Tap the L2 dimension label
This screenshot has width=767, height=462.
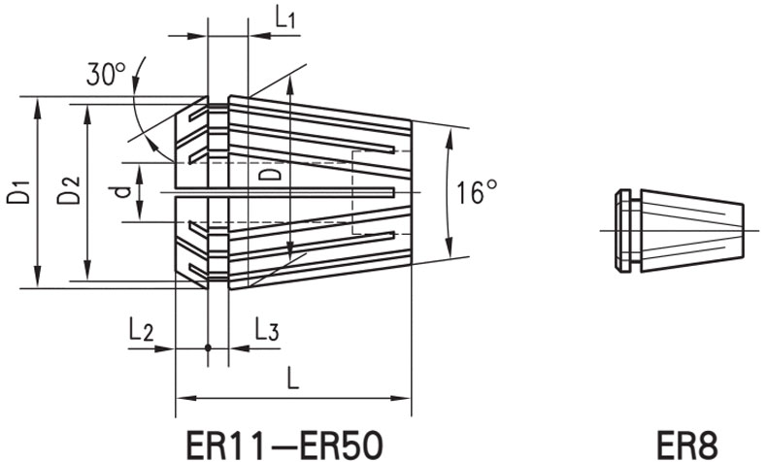tap(141, 330)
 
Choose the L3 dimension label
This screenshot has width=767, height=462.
tap(267, 330)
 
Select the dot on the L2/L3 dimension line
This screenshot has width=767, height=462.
tap(208, 347)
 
